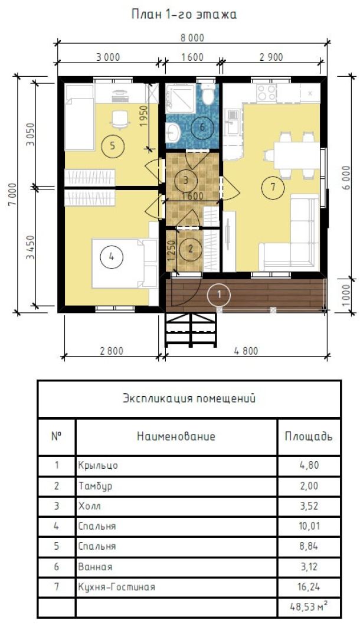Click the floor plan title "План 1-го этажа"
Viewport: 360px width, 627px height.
tap(184, 15)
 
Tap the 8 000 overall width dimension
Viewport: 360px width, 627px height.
tap(192, 38)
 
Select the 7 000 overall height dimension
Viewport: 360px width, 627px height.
tap(12, 194)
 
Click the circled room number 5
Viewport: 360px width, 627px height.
tap(112, 146)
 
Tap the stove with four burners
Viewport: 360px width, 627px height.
tap(267, 93)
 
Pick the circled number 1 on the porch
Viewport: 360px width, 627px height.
tap(219, 294)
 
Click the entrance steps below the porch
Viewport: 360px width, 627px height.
tap(191, 329)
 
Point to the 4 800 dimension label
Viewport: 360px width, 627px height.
tap(246, 351)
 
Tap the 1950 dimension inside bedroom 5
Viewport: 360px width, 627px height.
tap(144, 116)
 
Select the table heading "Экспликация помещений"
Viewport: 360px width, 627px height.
tap(189, 399)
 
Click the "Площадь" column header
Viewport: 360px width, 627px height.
tap(309, 436)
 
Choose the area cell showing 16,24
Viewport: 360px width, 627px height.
tap(309, 587)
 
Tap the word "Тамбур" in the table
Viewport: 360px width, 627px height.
tap(96, 486)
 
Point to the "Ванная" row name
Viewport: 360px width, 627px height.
tap(96, 567)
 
